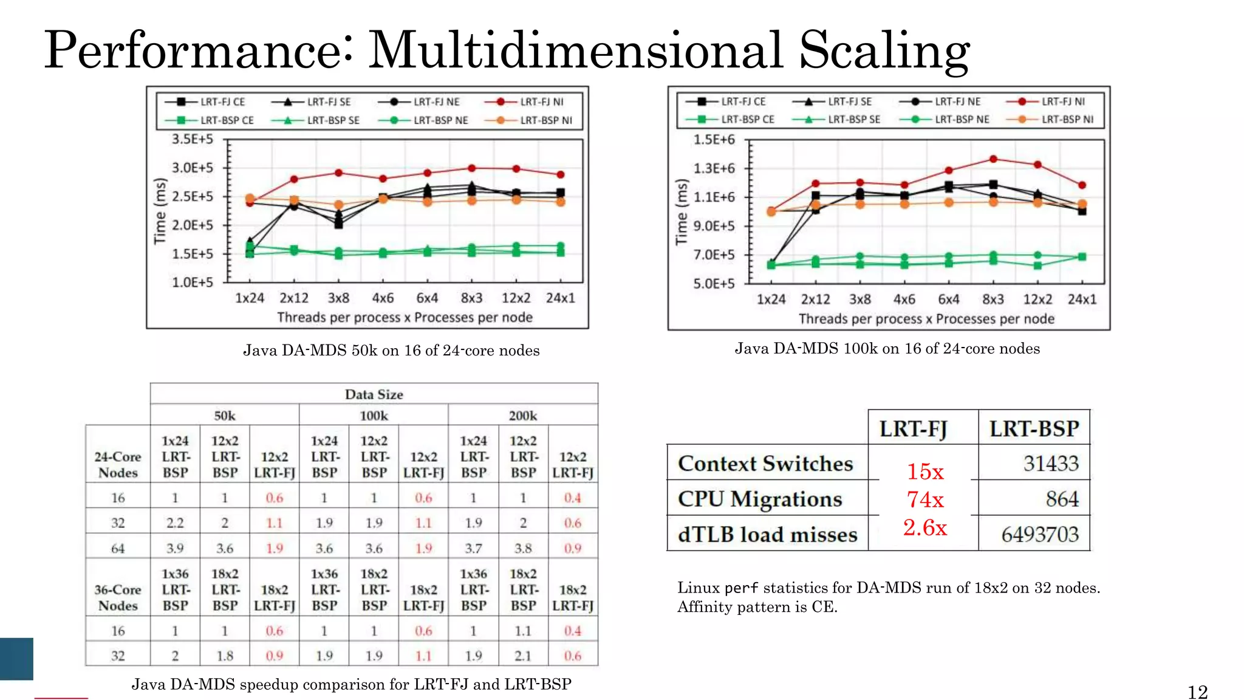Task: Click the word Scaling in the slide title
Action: pyautogui.click(x=884, y=50)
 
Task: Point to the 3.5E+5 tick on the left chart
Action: pyautogui.click(x=193, y=139)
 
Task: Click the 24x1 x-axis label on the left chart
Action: pyautogui.click(x=560, y=298)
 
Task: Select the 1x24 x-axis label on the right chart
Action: pyautogui.click(x=771, y=300)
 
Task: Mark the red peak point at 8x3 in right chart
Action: pyautogui.click(x=993, y=159)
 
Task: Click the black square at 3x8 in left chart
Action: pyautogui.click(x=338, y=225)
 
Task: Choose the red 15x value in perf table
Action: pyautogui.click(x=925, y=472)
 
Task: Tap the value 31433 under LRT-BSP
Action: pyautogui.click(x=1051, y=464)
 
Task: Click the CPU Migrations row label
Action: pyautogui.click(x=760, y=499)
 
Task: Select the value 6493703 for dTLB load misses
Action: pyautogui.click(x=1040, y=535)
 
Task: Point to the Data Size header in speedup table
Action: pyautogui.click(x=374, y=394)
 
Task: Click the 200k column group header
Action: pyautogui.click(x=522, y=416)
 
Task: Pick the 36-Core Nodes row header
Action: pyautogui.click(x=118, y=597)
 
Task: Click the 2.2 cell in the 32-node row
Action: pyautogui.click(x=175, y=523)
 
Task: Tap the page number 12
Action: pyautogui.click(x=1197, y=692)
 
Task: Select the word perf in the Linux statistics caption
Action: pyautogui.click(x=741, y=588)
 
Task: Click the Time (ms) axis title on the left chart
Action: pyautogui.click(x=160, y=211)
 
